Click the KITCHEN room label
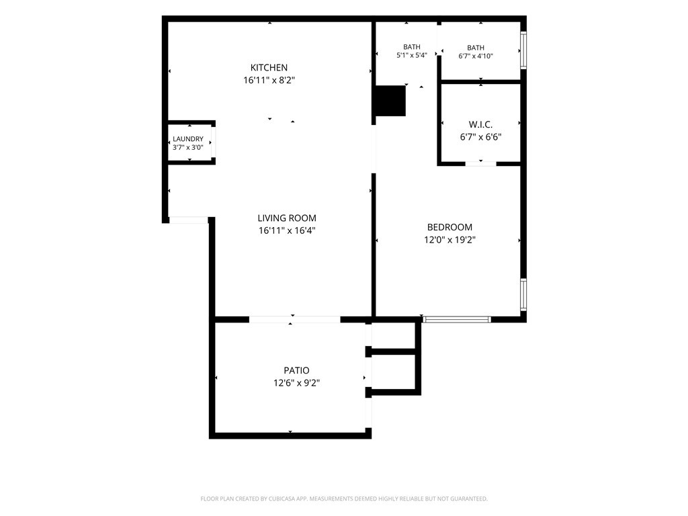tap(269, 68)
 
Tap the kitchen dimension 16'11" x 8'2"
tap(269, 81)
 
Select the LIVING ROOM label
tap(287, 218)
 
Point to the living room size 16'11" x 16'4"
tap(287, 230)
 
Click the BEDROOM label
tap(449, 227)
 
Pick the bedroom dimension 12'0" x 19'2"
tap(449, 240)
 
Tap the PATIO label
tap(296, 370)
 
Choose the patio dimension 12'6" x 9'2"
tap(296, 383)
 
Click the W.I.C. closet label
tap(480, 124)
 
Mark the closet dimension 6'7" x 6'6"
tap(480, 137)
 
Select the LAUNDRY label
tap(188, 139)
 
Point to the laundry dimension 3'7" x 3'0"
tap(188, 147)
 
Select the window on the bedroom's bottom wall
tap(457, 319)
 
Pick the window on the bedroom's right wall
tap(523, 295)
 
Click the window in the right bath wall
tap(523, 50)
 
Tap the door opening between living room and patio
tap(295, 319)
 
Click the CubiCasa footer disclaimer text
tap(344, 499)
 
